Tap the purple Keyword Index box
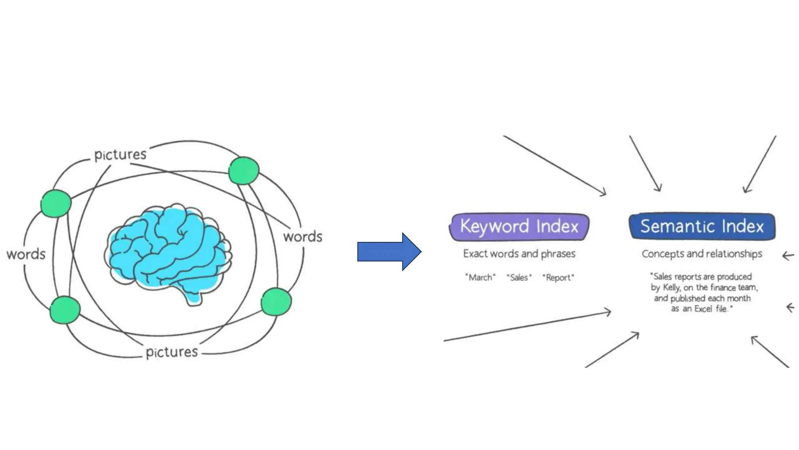tap(519, 227)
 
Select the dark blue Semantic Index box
tap(702, 227)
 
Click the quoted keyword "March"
tap(480, 277)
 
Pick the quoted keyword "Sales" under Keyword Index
tap(519, 277)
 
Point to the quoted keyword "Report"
tap(558, 277)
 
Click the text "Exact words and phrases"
tap(519, 254)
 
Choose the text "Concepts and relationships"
tap(702, 254)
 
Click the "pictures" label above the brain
tap(121, 155)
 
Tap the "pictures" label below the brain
tap(172, 352)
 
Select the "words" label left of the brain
tap(26, 254)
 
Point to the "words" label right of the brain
tap(303, 237)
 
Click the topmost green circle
tap(244, 170)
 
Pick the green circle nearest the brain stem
tap(276, 302)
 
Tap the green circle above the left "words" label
tap(56, 203)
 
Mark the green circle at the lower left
tap(65, 310)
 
